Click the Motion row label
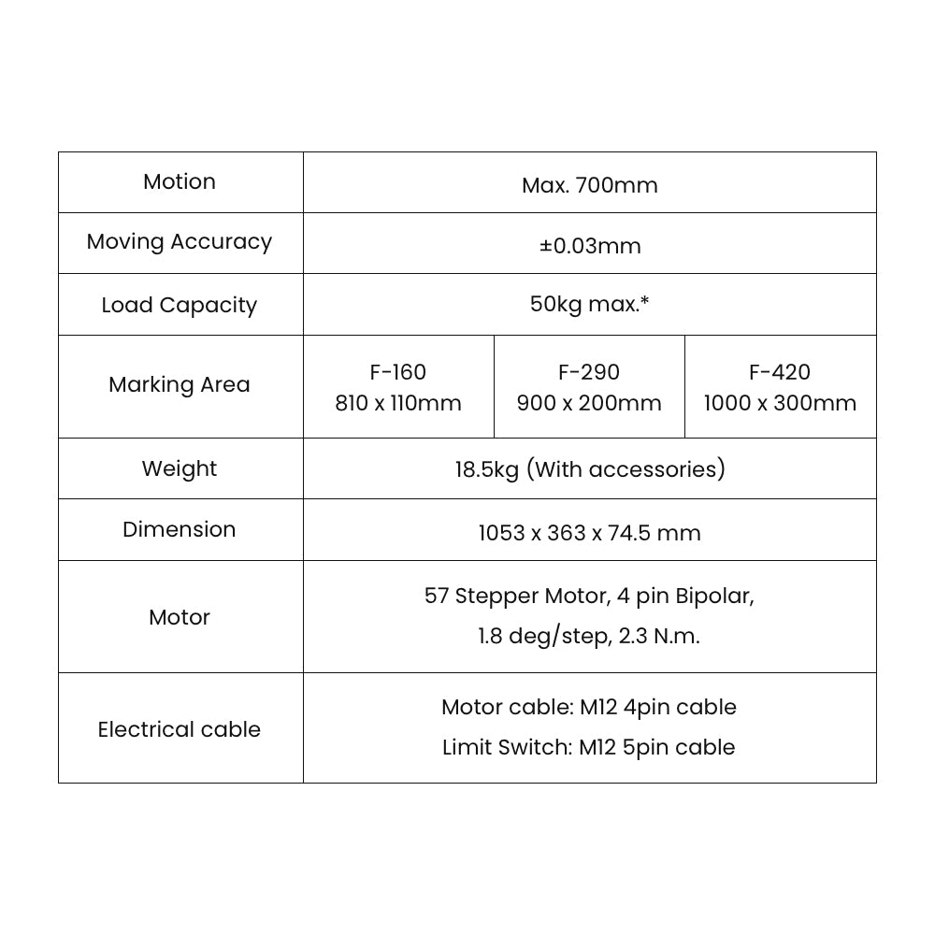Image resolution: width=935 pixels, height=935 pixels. [180, 182]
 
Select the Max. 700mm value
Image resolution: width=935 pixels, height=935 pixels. [590, 185]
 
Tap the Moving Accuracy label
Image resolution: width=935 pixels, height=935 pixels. [180, 242]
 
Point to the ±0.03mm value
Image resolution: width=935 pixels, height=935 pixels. [590, 246]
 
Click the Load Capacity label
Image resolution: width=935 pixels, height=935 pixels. [180, 306]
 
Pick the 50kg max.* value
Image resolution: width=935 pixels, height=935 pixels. [590, 304]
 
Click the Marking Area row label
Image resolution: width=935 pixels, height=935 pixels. [180, 384]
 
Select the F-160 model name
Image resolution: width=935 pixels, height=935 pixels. [398, 372]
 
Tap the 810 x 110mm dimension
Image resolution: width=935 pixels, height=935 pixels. [398, 403]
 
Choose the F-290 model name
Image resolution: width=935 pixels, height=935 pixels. [589, 372]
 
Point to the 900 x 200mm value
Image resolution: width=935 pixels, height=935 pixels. [589, 403]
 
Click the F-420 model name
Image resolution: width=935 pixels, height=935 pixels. [780, 372]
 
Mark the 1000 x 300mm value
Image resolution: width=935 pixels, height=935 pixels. [780, 403]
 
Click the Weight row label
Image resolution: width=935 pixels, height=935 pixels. [180, 469]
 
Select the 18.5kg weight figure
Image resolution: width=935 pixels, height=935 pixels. [487, 470]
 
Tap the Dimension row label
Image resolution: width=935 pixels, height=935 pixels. [180, 529]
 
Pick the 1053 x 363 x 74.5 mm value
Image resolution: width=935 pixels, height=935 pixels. [590, 533]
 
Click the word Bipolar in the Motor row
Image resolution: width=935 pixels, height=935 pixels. [715, 597]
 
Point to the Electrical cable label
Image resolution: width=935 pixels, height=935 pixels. [180, 729]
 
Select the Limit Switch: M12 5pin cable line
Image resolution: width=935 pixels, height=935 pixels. [589, 748]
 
